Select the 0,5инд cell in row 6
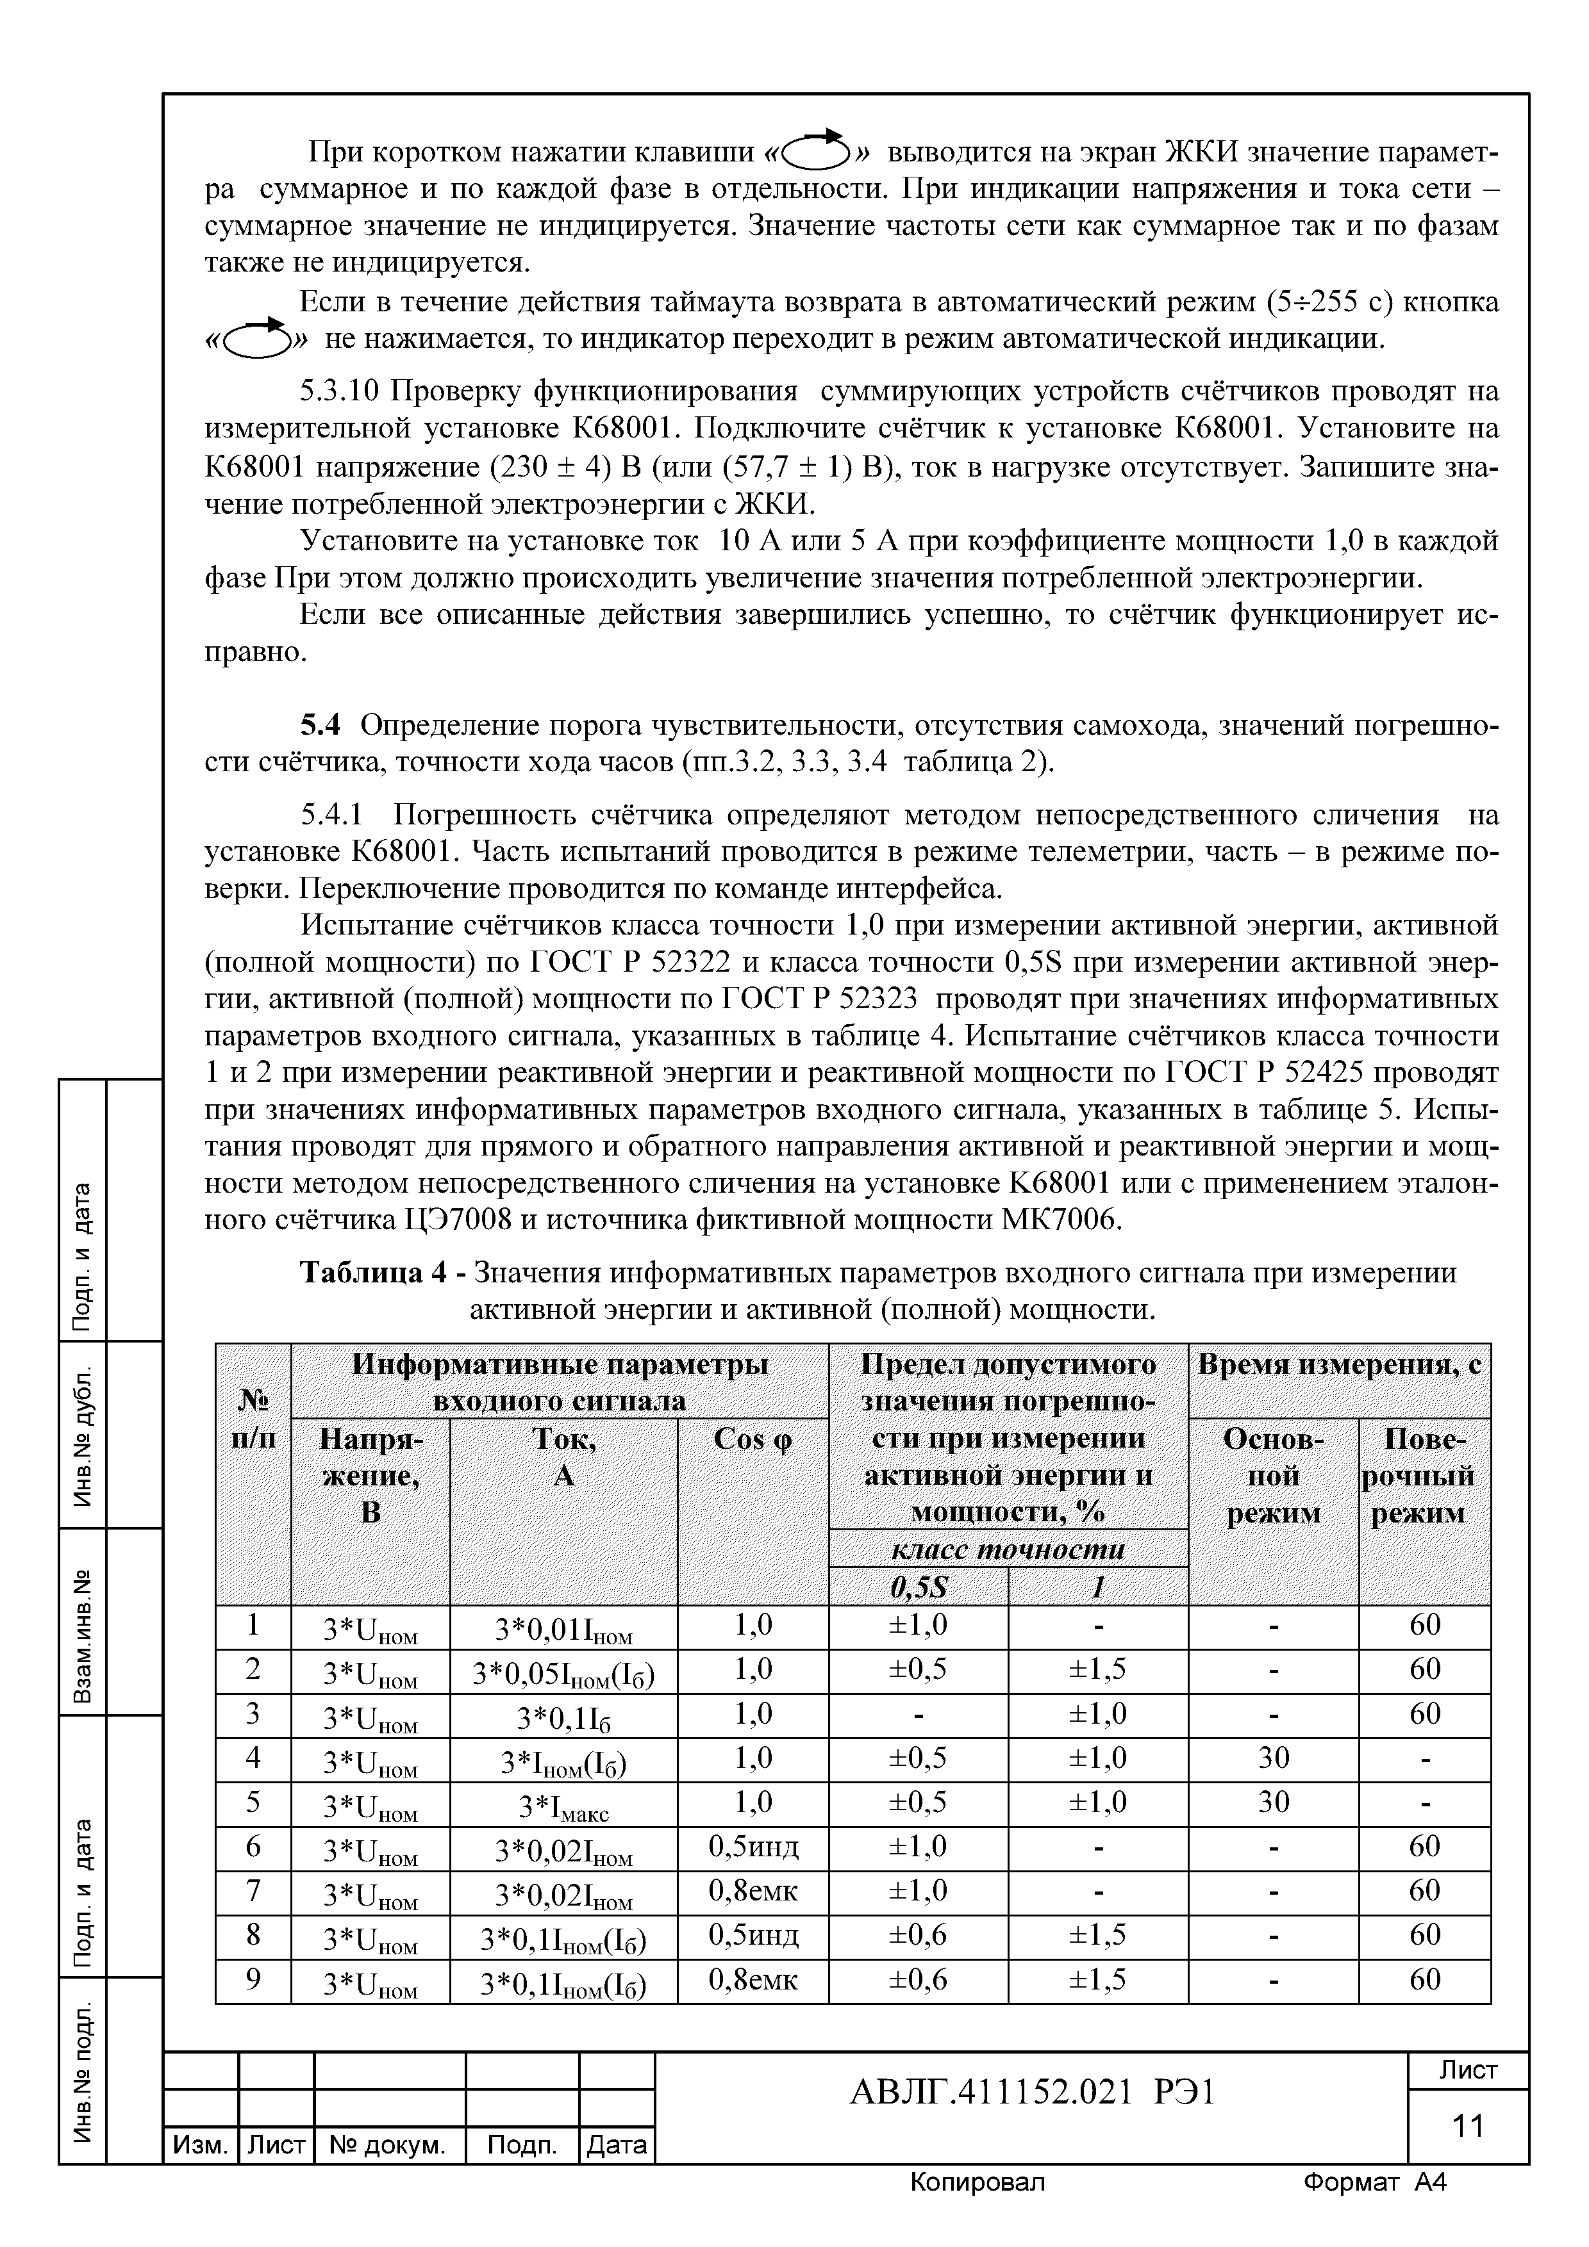752,1847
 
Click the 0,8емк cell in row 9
752,1981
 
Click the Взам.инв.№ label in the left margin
84,1622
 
